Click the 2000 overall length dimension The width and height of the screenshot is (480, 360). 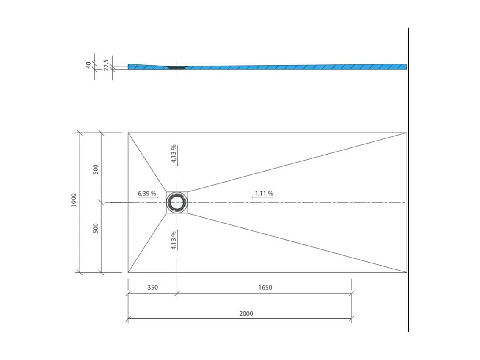click(246, 313)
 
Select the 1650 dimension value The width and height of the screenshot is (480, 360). click(265, 288)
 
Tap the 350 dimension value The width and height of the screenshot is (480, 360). click(152, 288)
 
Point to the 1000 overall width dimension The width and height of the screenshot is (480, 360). click(74, 200)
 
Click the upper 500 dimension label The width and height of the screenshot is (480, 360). click(96, 169)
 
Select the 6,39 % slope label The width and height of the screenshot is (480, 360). click(146, 194)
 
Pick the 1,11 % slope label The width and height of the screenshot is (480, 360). click(263, 194)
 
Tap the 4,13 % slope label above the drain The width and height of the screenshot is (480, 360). click(173, 153)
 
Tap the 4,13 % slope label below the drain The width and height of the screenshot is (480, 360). click(173, 241)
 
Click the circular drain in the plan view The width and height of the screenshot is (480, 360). click(177, 202)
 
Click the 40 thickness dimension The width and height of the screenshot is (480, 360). click(88, 65)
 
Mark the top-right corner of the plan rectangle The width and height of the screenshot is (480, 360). click(407, 133)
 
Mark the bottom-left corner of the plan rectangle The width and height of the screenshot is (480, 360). click(128, 272)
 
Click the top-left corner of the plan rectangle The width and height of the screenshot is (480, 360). click(128, 133)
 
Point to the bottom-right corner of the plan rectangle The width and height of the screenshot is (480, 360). click(407, 272)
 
